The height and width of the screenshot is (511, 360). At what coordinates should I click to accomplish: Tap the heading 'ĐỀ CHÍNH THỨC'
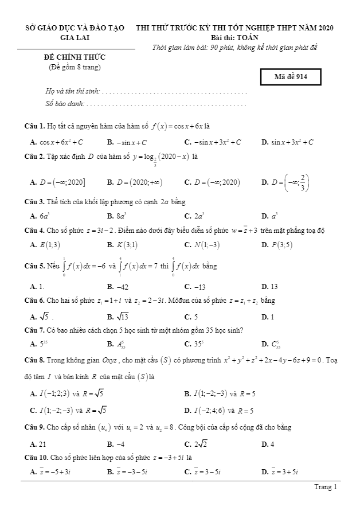(75, 57)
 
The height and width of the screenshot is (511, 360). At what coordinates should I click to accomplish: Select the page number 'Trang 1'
(326, 487)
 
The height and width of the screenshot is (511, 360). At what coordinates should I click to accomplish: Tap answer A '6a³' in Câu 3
(40, 216)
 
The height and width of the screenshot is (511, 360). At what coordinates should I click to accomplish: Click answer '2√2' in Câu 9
(195, 444)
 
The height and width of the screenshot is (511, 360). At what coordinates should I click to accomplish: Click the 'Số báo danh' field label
(64, 104)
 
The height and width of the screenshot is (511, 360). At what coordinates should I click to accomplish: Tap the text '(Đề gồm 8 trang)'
(75, 67)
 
